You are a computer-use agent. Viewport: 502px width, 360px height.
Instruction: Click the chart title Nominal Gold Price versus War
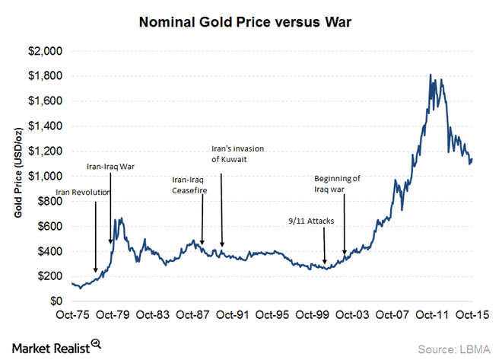click(250, 24)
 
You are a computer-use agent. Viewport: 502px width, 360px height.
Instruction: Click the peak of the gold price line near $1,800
click(431, 75)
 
